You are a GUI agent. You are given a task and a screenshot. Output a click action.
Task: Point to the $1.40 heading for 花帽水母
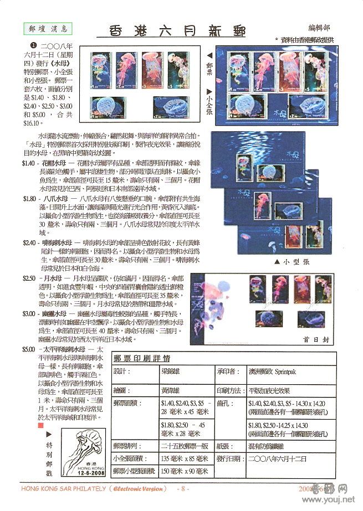point(29,163)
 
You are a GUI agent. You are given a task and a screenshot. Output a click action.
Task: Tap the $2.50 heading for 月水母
point(29,277)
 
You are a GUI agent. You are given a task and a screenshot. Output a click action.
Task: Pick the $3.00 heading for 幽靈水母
point(29,313)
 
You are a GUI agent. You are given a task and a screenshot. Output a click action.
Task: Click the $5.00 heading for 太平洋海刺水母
point(29,350)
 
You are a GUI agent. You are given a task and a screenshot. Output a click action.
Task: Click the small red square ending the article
point(40,425)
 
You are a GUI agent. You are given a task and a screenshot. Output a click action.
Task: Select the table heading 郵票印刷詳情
point(142,358)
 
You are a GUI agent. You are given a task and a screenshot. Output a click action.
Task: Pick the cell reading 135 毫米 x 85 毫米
point(184,458)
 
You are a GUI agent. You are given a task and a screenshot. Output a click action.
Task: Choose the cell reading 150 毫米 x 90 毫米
point(184,472)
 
